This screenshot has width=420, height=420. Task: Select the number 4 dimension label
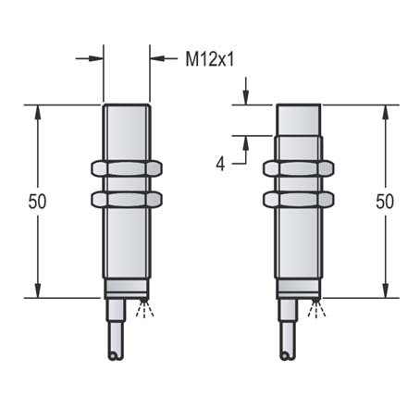tap(220, 164)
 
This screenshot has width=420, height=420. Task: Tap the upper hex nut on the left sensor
tap(127, 168)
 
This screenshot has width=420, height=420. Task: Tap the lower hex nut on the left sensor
tap(127, 199)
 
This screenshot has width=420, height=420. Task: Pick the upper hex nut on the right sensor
tap(299, 168)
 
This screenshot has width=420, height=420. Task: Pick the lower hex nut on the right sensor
tap(299, 199)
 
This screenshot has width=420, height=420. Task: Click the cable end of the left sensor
tap(114, 353)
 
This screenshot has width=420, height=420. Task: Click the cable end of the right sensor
tap(286, 353)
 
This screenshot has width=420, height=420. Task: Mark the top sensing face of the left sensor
tap(127, 106)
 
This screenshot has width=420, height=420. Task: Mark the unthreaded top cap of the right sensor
tap(299, 119)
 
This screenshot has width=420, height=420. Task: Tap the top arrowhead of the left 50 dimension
tap(37, 110)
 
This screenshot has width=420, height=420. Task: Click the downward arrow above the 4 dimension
tap(246, 99)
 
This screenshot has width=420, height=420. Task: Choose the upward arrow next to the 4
tap(246, 142)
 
